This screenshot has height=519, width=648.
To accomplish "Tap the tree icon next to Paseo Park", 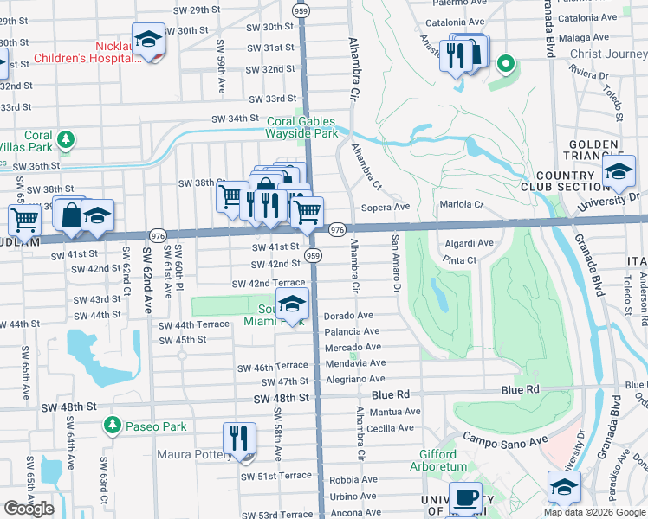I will [111, 426].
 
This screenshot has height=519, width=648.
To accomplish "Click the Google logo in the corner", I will [29, 509].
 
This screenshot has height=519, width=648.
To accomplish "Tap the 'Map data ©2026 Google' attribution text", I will [594, 511].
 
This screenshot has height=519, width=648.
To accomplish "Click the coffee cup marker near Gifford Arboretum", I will [465, 497].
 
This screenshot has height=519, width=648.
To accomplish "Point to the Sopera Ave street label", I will [385, 208].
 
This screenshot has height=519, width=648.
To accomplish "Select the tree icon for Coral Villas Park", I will [64, 138].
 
